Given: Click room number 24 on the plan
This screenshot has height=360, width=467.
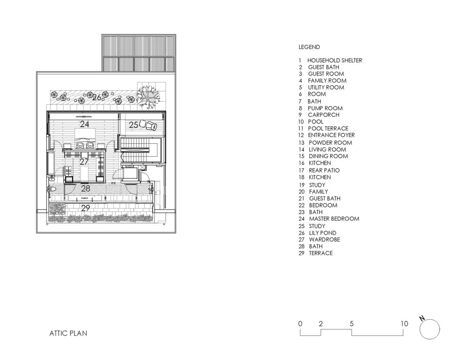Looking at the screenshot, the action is point(84,124).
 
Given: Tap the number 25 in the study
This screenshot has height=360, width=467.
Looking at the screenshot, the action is point(134,125).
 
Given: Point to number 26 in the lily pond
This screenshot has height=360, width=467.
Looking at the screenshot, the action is point(97,98).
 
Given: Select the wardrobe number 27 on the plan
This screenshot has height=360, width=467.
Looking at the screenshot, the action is point(84,162).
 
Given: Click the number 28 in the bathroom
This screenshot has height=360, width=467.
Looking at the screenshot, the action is point(85,188).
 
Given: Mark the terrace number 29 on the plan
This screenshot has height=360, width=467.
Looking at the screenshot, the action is point(85,208).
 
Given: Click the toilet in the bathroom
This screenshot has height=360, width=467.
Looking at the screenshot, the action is point(53,189).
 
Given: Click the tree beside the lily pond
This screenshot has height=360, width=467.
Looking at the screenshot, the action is point(148,96).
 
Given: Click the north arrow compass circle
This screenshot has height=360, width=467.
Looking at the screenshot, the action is point(430,329).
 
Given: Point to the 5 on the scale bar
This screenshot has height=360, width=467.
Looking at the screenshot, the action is point(352,323).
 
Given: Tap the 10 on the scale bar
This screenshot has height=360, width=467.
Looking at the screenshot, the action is point(404,323).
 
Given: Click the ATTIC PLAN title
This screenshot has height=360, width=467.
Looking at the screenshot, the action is point(68,333).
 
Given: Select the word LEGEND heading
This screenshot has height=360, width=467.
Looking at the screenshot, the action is point(309,47).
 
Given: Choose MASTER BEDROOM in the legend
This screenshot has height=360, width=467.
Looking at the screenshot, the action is point(334,219).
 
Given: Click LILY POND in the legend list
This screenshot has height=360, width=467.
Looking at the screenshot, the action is point(322,233).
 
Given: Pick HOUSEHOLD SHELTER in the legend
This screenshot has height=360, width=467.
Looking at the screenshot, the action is point(335,61).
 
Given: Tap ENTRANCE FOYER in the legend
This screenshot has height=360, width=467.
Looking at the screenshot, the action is point(332,135).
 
